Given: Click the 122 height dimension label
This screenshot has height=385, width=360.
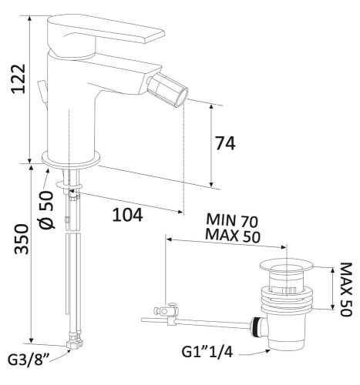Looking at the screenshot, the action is point(19,79).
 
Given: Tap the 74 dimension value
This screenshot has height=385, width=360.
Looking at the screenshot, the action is point(225,143).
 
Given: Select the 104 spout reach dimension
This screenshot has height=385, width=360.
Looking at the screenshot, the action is point(127,215).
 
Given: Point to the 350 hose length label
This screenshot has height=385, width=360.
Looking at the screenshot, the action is point(22,239).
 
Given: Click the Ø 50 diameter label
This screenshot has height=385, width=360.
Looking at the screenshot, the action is point(46,209).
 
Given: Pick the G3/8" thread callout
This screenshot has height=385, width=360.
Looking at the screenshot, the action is point(29,360).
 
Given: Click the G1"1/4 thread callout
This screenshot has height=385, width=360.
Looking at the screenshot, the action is point(207,352).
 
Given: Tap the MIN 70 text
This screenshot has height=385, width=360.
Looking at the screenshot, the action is point(232,220).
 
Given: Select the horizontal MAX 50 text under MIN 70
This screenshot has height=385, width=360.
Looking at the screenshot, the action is point(233,236).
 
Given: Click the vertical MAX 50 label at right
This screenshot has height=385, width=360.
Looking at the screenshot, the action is point(345,290).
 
